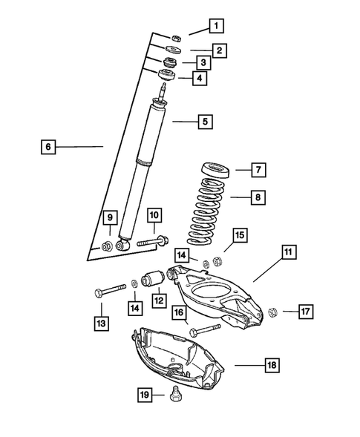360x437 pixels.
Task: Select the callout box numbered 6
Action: [48, 147]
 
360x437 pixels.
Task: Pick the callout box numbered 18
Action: [272, 365]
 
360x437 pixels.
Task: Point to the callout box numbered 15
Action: [239, 235]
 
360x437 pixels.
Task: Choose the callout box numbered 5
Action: [205, 120]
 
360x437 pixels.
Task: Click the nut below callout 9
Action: [108, 246]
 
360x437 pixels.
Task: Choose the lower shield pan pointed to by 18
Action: [178, 356]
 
